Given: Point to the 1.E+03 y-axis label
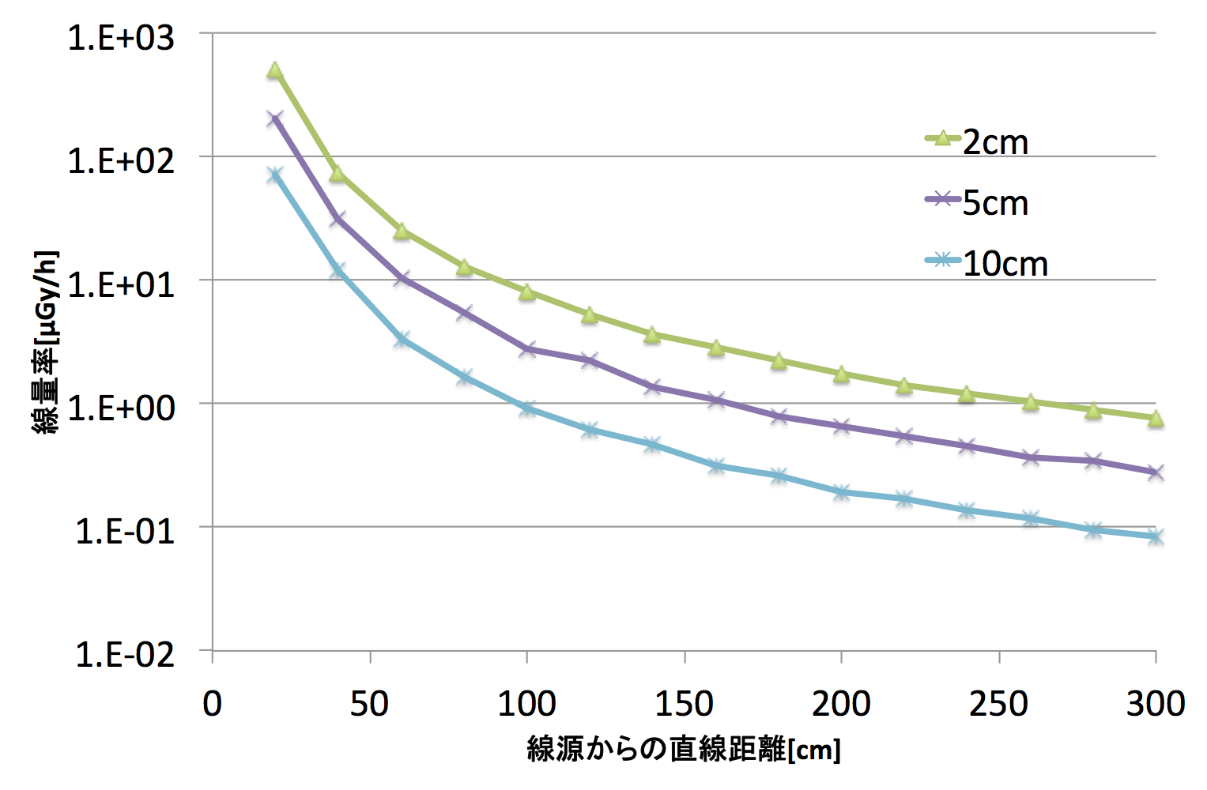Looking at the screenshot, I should [x=121, y=37].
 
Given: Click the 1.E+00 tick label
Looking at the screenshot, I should [x=121, y=408].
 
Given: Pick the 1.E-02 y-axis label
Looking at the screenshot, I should [x=124, y=654].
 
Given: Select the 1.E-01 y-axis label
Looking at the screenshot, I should [x=124, y=531].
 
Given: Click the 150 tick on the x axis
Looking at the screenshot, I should [x=685, y=703].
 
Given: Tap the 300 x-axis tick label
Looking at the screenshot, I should [x=1156, y=703].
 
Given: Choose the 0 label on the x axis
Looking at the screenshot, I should [x=212, y=703].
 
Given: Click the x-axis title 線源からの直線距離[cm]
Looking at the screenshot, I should [x=684, y=749].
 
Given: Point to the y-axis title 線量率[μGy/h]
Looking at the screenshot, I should [x=46, y=342].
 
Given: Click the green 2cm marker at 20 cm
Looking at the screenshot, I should [x=275, y=70].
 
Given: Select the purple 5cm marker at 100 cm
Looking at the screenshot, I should [x=527, y=348].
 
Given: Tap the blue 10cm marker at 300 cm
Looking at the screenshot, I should [x=1156, y=536].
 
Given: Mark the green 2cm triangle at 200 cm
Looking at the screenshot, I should [x=842, y=374].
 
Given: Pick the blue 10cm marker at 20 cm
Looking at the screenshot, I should [x=275, y=175].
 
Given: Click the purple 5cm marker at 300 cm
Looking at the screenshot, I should [x=1156, y=472].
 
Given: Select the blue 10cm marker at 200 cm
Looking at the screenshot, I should [x=842, y=492].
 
